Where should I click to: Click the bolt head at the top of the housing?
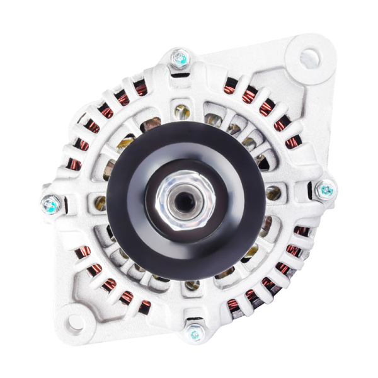181,59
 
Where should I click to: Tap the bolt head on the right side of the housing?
326,189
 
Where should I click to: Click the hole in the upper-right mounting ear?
309,59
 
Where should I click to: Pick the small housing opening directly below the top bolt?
182,112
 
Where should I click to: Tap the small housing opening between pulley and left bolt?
100,203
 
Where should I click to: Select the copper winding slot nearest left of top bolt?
140,90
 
